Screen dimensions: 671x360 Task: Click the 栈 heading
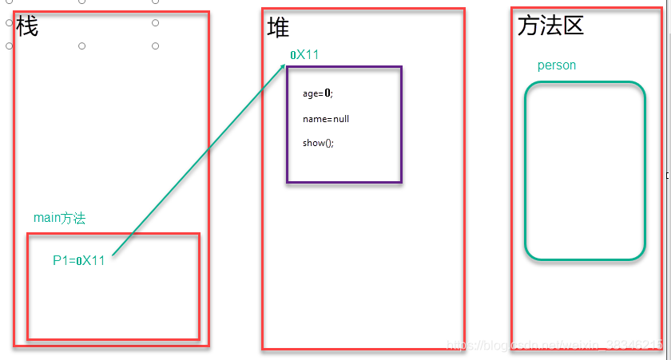(26, 27)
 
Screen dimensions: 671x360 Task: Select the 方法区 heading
(550, 26)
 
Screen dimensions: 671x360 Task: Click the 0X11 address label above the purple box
(304, 55)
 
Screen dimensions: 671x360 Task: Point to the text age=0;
(317, 93)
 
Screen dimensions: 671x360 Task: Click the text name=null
(326, 119)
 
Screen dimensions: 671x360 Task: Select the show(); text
(318, 143)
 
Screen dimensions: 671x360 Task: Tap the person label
(557, 65)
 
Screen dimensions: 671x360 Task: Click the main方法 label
(59, 218)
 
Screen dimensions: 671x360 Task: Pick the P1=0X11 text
(79, 260)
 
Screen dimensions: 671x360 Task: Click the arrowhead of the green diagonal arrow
(284, 66)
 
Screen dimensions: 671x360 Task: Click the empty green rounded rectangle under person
(585, 171)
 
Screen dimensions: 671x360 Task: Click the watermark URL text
(554, 345)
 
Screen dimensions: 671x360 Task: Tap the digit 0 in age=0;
(328, 93)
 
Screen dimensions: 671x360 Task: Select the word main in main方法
(47, 218)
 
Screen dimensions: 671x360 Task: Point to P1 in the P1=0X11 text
(60, 260)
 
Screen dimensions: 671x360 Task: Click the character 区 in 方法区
(573, 26)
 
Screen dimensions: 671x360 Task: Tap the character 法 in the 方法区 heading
(550, 26)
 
